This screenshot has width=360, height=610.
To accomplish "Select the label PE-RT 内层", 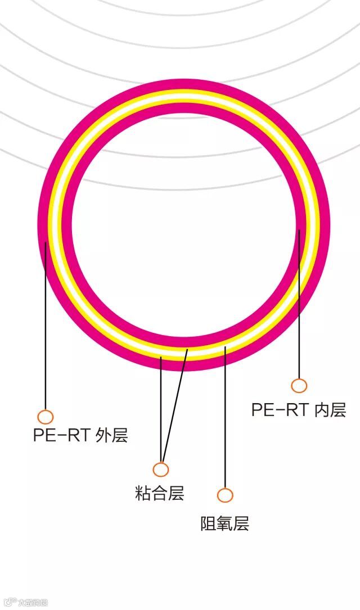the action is click(x=298, y=410).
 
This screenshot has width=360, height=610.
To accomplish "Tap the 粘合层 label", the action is click(x=160, y=494).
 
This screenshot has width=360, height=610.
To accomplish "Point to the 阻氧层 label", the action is click(x=225, y=523).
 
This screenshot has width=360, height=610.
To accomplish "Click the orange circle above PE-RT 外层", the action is click(x=46, y=417).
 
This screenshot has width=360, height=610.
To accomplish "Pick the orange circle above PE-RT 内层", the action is click(x=299, y=386).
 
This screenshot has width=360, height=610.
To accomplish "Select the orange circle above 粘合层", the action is click(x=161, y=469).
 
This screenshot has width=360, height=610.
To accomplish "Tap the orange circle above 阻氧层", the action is click(x=225, y=495).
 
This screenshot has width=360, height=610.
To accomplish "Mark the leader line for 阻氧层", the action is click(x=225, y=422).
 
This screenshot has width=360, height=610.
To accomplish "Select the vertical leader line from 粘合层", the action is click(x=161, y=410).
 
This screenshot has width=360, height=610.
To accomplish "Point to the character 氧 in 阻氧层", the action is click(x=225, y=523).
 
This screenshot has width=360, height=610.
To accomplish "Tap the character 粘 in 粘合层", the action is click(x=143, y=494).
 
